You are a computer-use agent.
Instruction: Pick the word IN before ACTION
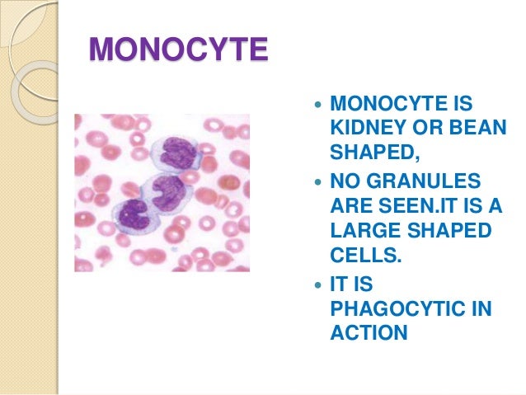pyautogui.click(x=480, y=309)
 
